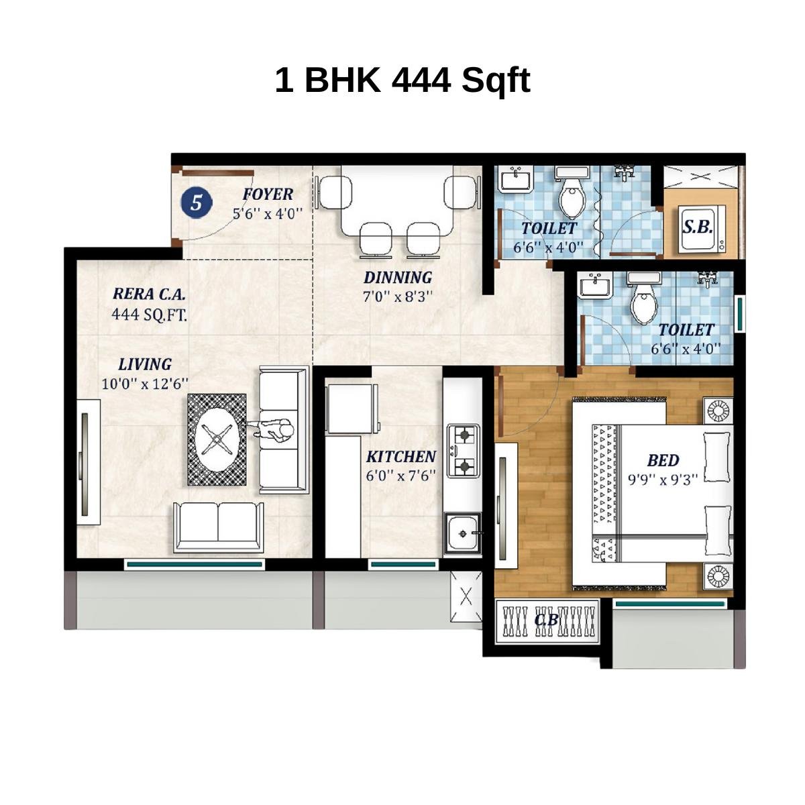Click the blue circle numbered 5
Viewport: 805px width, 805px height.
tap(196, 202)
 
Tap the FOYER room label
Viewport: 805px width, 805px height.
tap(268, 195)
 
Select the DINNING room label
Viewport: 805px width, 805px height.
tap(398, 277)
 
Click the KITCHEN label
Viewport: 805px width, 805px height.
tap(400, 457)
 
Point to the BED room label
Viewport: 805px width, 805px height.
tap(663, 461)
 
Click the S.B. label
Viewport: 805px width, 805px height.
tap(698, 227)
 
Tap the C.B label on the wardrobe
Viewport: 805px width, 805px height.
tap(546, 621)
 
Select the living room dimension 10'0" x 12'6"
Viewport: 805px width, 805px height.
tap(145, 384)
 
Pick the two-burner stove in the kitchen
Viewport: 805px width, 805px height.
tap(464, 450)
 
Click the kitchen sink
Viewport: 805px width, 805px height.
tap(462, 533)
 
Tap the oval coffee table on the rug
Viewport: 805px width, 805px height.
tap(217, 439)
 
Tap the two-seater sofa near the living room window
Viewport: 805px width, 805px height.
tap(217, 527)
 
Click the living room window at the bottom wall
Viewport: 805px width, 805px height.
tap(195, 564)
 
